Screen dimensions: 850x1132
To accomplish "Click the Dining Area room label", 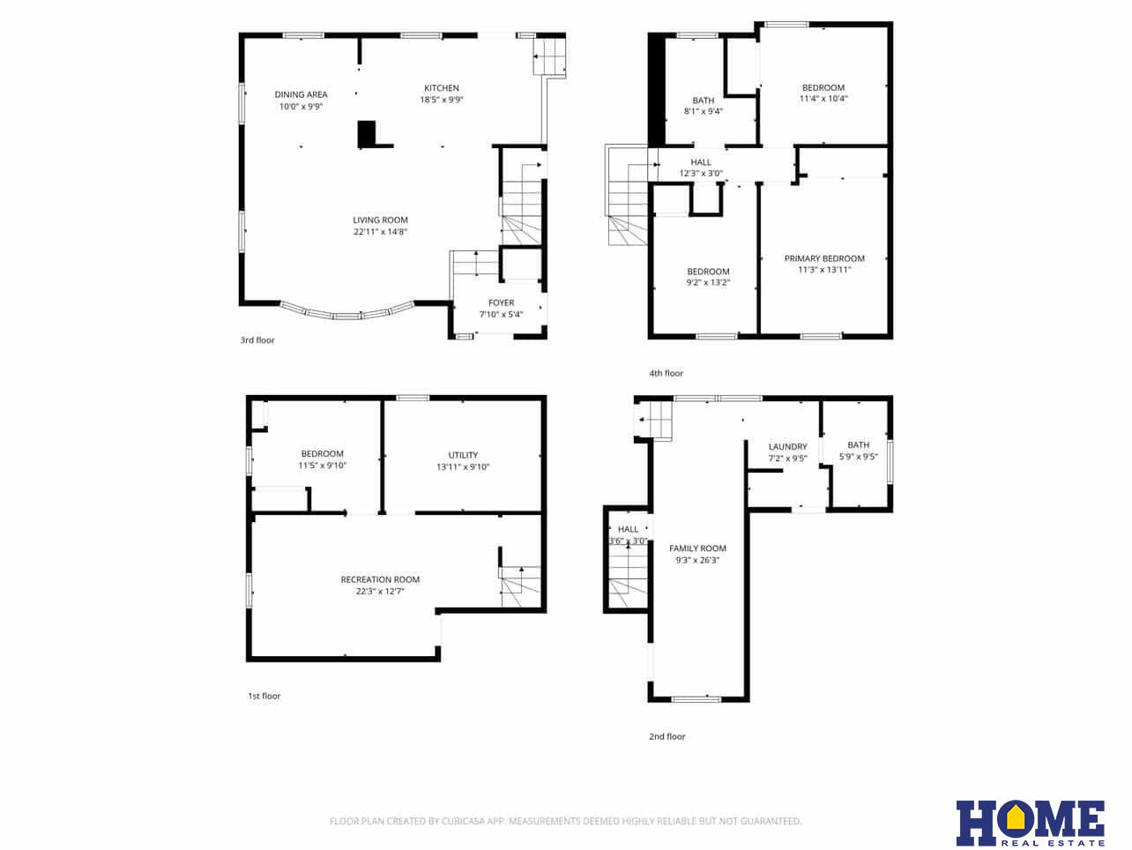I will click(301, 94).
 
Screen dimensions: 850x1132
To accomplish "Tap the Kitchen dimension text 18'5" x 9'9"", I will click(441, 100).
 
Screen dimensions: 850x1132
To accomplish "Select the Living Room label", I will click(380, 220).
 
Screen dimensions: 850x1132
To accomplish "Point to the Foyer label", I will click(501, 302).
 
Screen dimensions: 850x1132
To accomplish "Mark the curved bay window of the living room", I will click(347, 312).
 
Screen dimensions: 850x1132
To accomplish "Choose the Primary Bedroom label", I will click(824, 258).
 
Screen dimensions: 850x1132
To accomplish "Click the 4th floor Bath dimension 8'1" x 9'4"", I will click(703, 111).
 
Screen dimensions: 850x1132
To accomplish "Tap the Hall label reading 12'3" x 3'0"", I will click(701, 174).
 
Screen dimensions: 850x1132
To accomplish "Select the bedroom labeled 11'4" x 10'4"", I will click(823, 93).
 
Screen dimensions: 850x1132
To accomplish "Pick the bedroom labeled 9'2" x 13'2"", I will click(708, 277).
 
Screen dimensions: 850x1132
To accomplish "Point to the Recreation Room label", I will click(380, 579).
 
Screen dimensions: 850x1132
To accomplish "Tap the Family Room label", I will click(697, 548).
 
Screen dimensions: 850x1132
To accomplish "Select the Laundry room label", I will click(787, 447).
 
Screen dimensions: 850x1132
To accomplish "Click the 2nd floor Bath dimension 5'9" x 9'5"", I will click(858, 457).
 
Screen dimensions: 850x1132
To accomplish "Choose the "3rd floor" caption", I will click(257, 340).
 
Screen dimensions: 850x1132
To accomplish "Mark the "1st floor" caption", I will click(264, 697).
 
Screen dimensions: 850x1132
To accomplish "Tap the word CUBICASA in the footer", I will click(473, 822).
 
